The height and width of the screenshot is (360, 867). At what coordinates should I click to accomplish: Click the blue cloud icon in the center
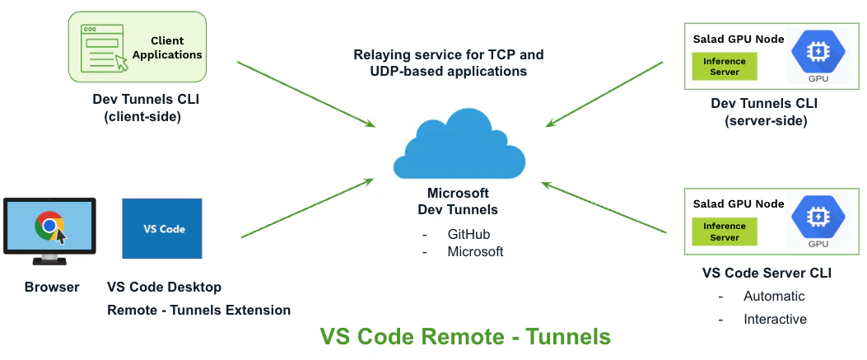[459, 148]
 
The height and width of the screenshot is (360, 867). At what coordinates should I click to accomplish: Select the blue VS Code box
[161, 228]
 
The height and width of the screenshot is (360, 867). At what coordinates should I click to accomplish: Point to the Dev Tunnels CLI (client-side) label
[147, 109]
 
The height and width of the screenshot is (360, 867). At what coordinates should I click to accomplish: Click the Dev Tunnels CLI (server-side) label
[765, 112]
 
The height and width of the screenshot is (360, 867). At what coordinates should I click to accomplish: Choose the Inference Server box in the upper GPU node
[725, 67]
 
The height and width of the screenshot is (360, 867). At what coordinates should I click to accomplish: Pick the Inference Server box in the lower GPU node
[725, 231]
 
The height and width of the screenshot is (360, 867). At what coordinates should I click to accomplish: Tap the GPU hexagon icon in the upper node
[818, 52]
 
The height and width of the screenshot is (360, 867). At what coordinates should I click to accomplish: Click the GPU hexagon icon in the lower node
[818, 215]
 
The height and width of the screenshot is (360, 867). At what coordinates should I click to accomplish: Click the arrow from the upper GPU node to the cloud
[605, 93]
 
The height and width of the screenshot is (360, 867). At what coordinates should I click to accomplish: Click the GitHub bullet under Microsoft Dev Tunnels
[468, 235]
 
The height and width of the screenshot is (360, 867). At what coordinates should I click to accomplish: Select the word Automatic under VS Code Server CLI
[774, 296]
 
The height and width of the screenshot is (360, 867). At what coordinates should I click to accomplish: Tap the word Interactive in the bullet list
[775, 319]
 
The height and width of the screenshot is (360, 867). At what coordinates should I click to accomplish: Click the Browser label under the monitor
[52, 288]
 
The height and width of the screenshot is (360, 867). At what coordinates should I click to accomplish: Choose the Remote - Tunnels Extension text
[198, 311]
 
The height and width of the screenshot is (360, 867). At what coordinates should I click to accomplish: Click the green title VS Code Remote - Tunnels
[465, 337]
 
